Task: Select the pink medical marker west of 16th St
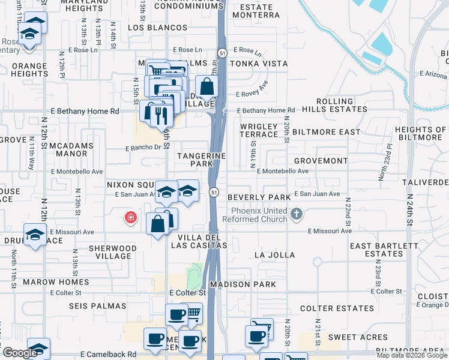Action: [x=130, y=218]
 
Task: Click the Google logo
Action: [x=19, y=352]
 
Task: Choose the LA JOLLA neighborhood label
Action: [x=275, y=255]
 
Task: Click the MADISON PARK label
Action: [x=242, y=284]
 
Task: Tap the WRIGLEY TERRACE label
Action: [x=259, y=131]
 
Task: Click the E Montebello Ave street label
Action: [x=282, y=171]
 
